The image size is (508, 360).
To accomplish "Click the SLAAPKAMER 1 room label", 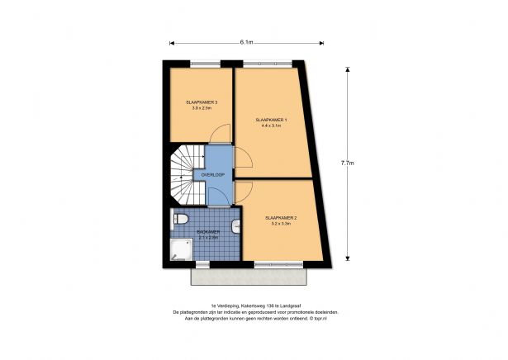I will (x=273, y=121).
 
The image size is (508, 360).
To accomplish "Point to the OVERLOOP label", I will (x=212, y=175).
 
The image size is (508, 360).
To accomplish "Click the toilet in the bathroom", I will (x=180, y=218).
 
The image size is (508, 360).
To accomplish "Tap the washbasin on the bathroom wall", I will (x=237, y=225).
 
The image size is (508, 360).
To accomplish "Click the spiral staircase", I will (x=186, y=175).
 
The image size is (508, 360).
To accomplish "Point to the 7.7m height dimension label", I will (x=348, y=163).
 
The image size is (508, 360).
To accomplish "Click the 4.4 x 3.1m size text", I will (x=273, y=126).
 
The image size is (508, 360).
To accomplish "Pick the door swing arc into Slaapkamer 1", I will (x=245, y=159).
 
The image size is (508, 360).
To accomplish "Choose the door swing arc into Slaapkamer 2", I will (x=245, y=192).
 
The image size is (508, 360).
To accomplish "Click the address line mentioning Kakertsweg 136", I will (x=254, y=306).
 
